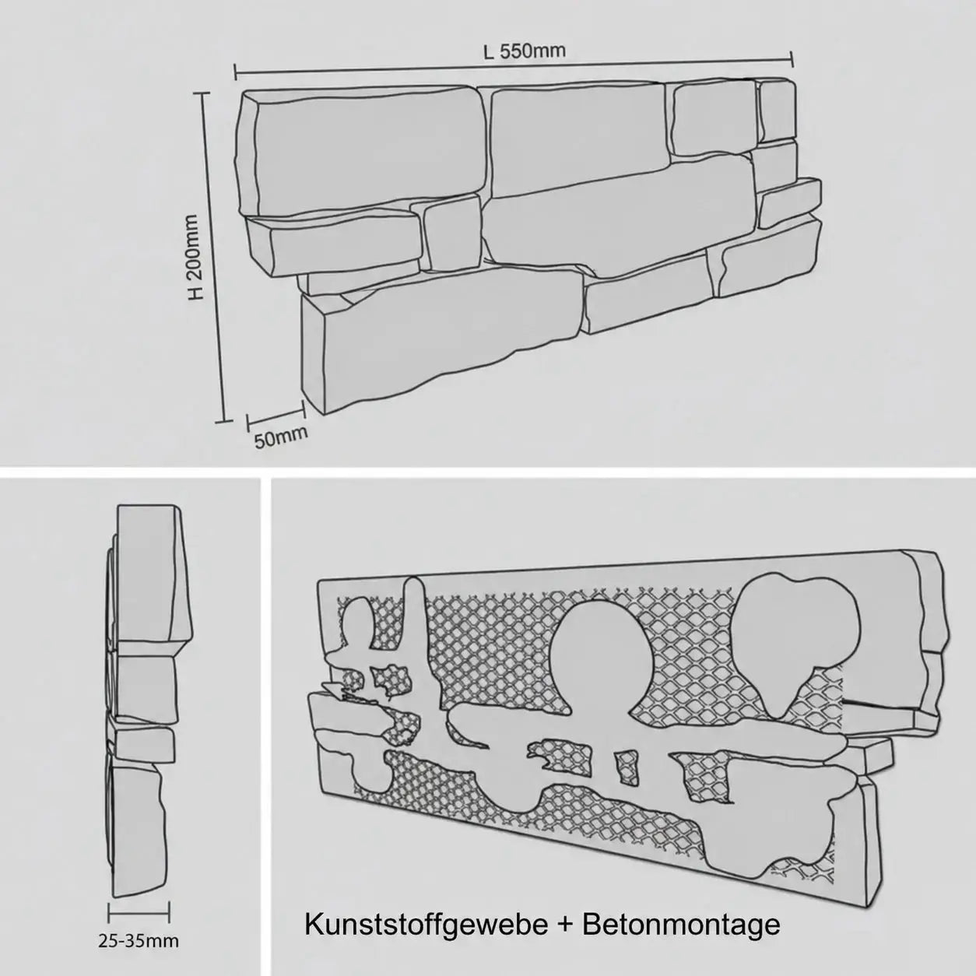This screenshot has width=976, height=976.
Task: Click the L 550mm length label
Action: [524, 50]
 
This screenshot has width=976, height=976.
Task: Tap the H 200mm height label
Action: [196, 257]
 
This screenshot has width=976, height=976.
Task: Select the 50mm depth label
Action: [281, 437]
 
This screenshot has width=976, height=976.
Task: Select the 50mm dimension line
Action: [276, 414]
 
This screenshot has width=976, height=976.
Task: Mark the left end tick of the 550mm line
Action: [236, 72]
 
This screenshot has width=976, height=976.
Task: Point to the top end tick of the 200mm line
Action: [202, 93]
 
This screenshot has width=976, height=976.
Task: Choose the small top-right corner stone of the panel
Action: [778, 110]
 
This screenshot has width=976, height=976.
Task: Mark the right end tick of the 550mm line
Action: [792, 58]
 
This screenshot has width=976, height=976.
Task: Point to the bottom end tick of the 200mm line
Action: [223, 420]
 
